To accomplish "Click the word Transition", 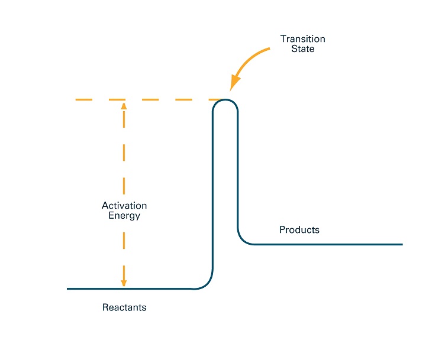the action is click(303, 39).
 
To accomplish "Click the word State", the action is click(303, 48).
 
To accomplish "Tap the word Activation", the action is click(124, 206).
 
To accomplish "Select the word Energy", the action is click(124, 216).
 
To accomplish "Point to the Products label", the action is click(299, 229).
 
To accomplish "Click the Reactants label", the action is click(124, 307).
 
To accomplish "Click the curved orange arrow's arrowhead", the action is click(234, 83).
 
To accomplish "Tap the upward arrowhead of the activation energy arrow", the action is click(124, 106).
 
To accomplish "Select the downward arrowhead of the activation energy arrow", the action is click(124, 283).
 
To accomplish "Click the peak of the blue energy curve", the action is click(225, 99).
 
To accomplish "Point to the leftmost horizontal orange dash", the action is click(84, 99).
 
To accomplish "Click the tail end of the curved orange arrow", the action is click(269, 48).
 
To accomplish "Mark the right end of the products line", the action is click(402, 244).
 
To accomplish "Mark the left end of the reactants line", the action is click(67, 289).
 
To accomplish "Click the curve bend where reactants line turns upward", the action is click(207, 284).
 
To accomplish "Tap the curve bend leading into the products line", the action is click(241, 240).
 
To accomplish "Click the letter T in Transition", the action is click(283, 39).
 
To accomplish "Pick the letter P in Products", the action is click(282, 229).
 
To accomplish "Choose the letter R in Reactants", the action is click(105, 307).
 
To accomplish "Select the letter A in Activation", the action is click(105, 206).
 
